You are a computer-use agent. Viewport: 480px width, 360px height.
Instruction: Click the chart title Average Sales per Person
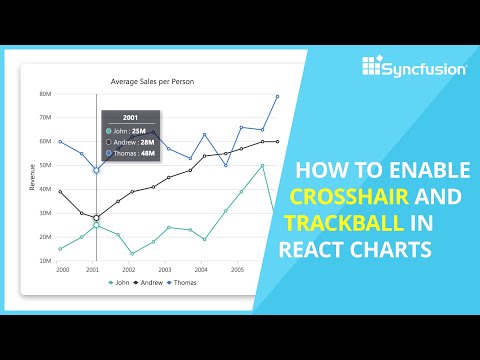pyautogui.click(x=164, y=81)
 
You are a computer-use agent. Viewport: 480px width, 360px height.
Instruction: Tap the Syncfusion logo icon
pyautogui.click(x=372, y=68)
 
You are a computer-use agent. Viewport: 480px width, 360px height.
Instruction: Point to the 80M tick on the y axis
pyautogui.click(x=45, y=94)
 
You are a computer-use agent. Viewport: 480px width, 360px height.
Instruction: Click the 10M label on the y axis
pyautogui.click(x=45, y=261)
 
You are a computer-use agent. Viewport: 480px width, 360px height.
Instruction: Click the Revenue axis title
pyautogui.click(x=33, y=177)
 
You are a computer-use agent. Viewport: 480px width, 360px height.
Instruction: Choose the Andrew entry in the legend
pyautogui.click(x=149, y=283)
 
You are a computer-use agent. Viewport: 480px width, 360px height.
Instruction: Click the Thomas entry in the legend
pyautogui.click(x=185, y=283)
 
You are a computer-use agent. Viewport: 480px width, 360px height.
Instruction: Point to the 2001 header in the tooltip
pyautogui.click(x=131, y=116)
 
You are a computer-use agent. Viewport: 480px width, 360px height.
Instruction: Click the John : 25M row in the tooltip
pyautogui.click(x=131, y=130)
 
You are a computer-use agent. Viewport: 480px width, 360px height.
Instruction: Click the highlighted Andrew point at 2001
pyautogui.click(x=96, y=217)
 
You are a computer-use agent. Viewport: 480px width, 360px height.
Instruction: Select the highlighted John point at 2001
pyautogui.click(x=96, y=225)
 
